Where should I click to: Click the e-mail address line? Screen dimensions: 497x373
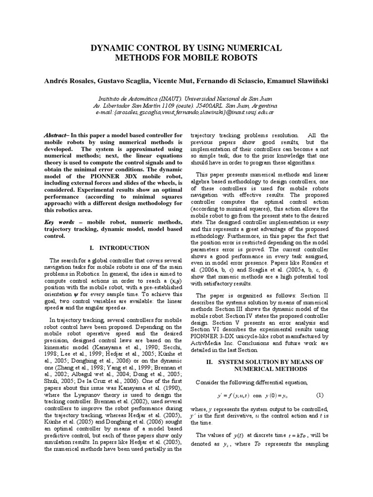click(186, 112)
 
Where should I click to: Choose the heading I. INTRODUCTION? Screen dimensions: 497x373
click(114, 248)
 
